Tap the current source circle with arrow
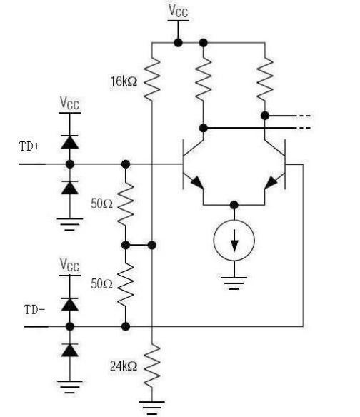234,243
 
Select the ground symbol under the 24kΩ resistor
151,408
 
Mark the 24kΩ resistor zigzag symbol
151,364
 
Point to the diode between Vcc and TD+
69,141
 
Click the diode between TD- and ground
69,349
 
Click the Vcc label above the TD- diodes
69,266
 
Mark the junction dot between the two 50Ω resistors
126,245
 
